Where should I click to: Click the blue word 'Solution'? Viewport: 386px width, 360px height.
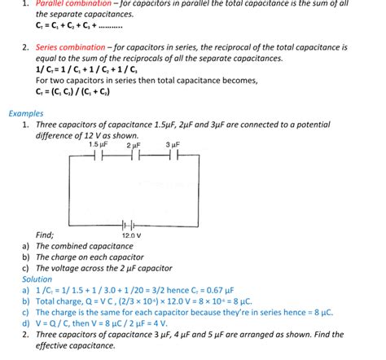(37, 279)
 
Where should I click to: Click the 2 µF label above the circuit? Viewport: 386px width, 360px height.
(134, 144)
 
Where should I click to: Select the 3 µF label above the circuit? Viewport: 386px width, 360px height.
(172, 144)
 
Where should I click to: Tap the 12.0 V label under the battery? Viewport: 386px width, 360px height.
(131, 235)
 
